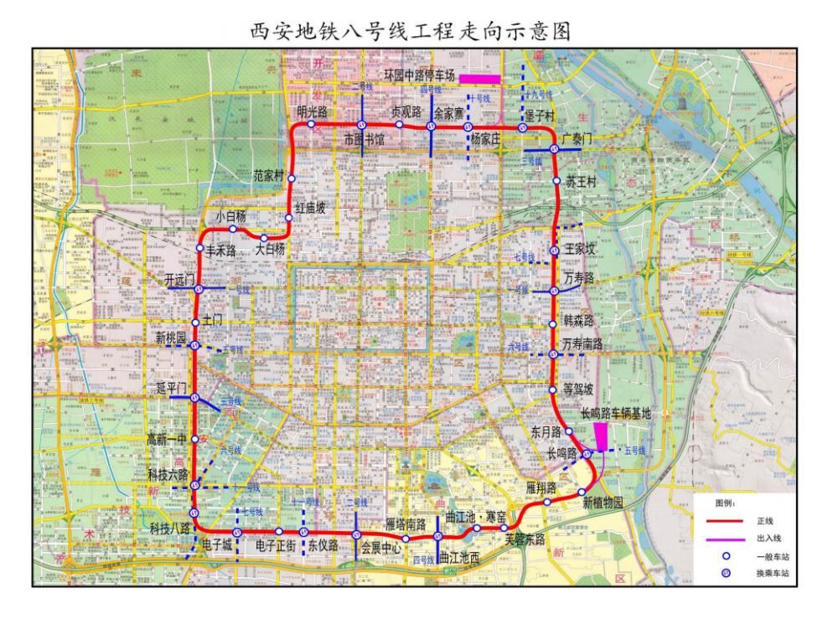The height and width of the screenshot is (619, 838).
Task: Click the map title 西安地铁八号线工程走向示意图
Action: pyautogui.click(x=411, y=32)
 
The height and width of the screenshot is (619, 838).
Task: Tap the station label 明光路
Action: pyautogui.click(x=312, y=111)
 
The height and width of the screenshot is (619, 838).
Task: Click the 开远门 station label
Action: pyautogui.click(x=179, y=279)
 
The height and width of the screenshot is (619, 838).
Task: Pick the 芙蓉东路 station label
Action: pyautogui.click(x=525, y=539)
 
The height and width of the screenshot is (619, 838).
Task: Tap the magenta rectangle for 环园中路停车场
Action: pyautogui.click(x=479, y=79)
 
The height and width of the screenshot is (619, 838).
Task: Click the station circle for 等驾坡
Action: pyautogui.click(x=553, y=390)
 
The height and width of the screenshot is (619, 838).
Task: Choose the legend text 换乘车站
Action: pyautogui.click(x=772, y=573)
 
